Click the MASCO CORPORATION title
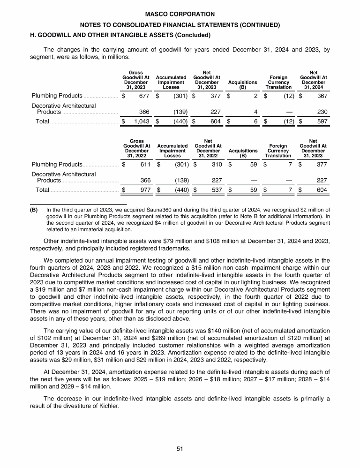coord(180,15)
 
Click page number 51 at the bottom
coord(180,449)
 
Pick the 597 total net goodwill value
coord(321,122)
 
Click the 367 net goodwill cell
coord(321,96)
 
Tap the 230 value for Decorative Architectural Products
coord(321,112)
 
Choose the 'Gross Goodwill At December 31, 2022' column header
coord(136,148)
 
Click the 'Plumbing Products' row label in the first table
coord(57,96)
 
